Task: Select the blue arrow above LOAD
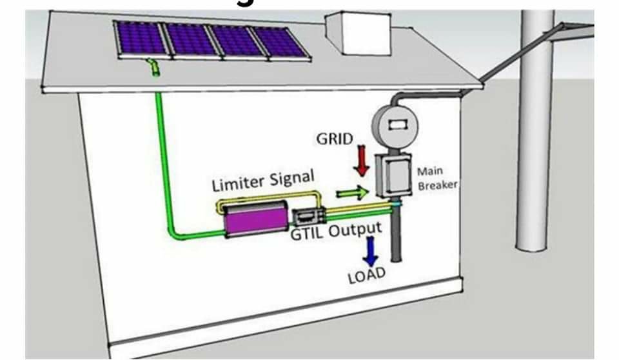click(x=370, y=251)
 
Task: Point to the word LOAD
click(x=366, y=275)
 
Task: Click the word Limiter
click(x=238, y=183)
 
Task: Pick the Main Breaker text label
click(x=437, y=178)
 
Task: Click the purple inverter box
click(x=256, y=220)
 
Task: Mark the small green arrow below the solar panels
click(x=154, y=67)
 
